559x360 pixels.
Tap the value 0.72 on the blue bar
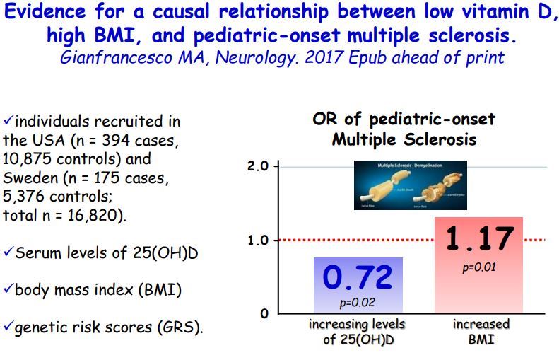click(358, 277)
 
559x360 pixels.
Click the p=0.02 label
click(357, 303)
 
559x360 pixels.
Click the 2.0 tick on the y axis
click(259, 167)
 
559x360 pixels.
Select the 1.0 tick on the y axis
click(259, 240)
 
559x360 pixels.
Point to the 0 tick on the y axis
click(263, 313)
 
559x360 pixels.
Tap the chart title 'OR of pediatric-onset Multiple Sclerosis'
click(404, 129)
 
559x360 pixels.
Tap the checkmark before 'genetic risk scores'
click(8, 327)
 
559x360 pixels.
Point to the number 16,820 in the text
click(98, 215)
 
